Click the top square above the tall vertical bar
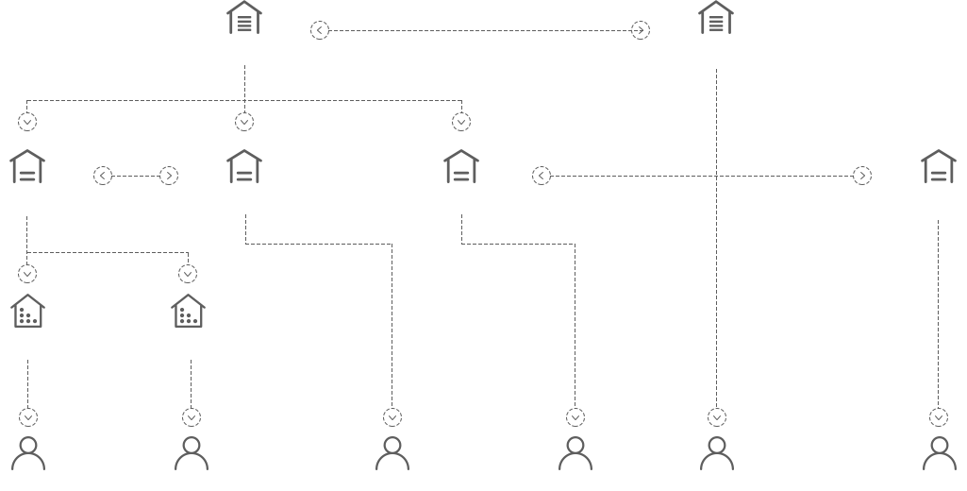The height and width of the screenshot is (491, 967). tap(715, 17)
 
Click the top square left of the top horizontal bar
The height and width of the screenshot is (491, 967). tap(243, 17)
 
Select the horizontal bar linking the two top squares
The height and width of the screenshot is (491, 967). tap(480, 30)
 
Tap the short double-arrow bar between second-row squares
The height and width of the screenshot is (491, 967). tap(136, 176)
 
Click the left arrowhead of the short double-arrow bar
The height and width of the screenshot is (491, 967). tap(101, 176)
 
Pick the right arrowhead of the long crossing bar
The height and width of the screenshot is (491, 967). tap(863, 176)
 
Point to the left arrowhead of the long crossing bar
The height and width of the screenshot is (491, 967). tap(540, 176)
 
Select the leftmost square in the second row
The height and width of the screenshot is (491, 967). tap(26, 166)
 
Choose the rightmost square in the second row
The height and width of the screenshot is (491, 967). tap(938, 166)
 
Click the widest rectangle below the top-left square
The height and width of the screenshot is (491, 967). tap(249, 97)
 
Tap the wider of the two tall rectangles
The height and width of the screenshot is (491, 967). tap(325, 320)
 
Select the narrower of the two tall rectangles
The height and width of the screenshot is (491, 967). tap(521, 320)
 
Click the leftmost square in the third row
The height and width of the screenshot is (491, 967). tap(27, 311)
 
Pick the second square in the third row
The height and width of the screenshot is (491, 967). tap(188, 311)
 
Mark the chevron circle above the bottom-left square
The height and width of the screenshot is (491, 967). tap(28, 417)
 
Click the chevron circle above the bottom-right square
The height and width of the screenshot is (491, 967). tap(939, 417)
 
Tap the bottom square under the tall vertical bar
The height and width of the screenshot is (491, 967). tap(716, 453)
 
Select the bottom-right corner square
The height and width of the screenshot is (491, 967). tap(939, 453)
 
